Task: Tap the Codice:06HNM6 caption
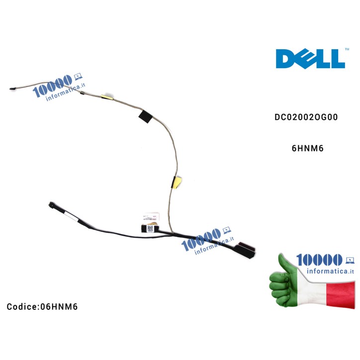[42, 306]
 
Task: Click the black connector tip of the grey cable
[12, 89]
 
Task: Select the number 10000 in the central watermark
[200, 238]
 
